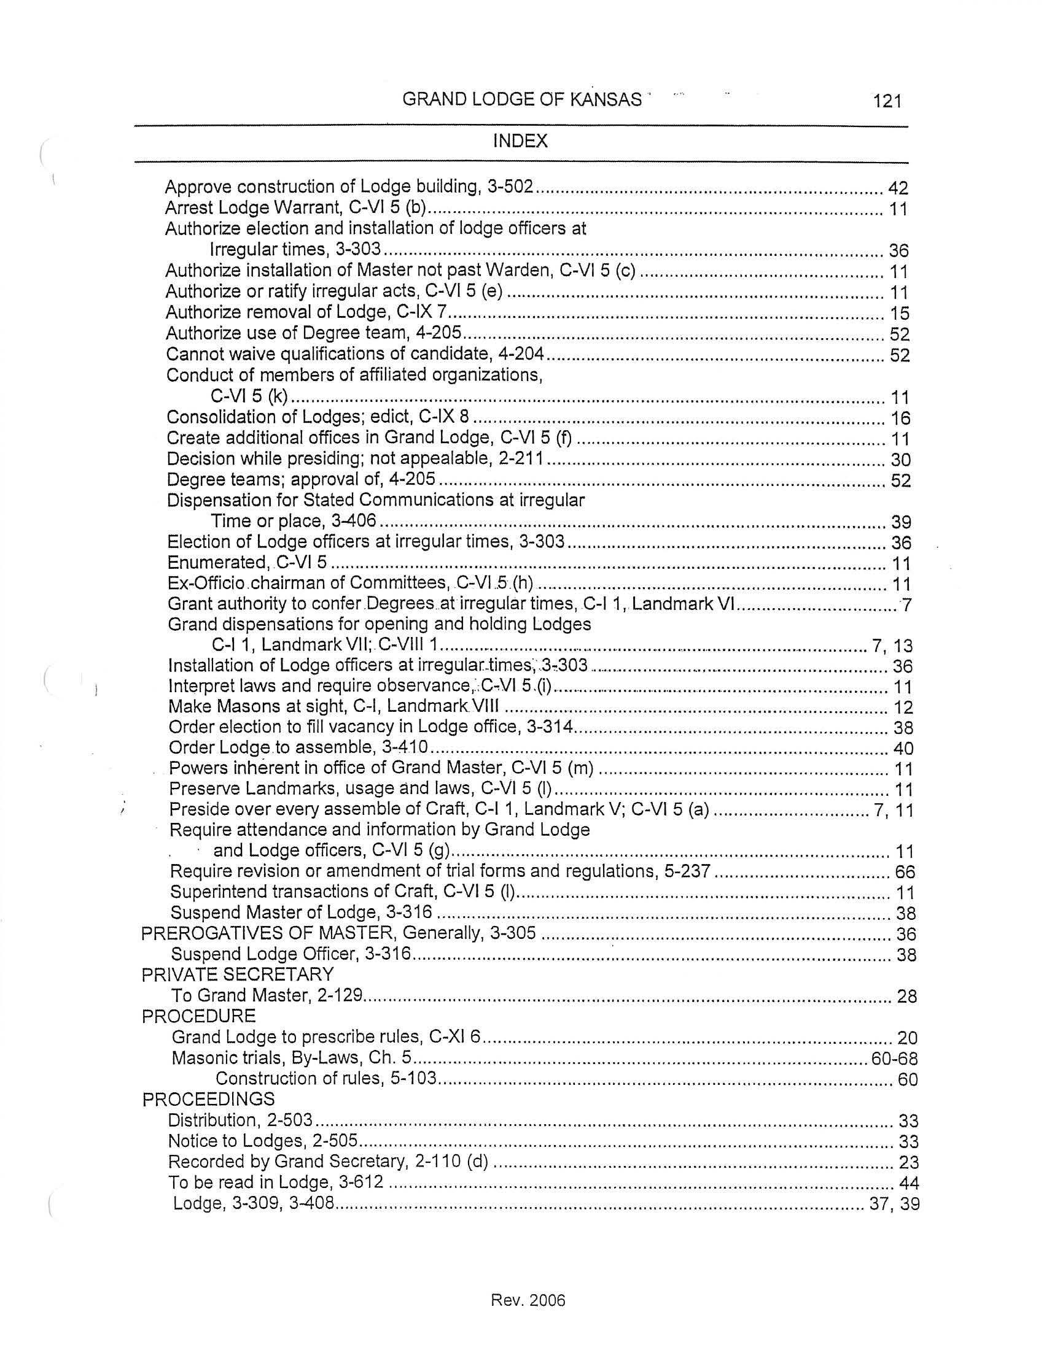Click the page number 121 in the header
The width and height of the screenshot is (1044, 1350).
pyautogui.click(x=887, y=101)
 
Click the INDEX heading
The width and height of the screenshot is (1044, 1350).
pyautogui.click(x=520, y=142)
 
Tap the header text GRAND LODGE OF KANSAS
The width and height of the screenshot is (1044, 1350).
pyautogui.click(x=522, y=99)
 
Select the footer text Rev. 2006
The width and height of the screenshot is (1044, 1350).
pyautogui.click(x=528, y=1300)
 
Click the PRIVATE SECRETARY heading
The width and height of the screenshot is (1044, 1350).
pyautogui.click(x=238, y=975)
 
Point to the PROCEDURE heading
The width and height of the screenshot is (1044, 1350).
pyautogui.click(x=198, y=1016)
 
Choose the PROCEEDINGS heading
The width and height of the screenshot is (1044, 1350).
pyautogui.click(x=208, y=1099)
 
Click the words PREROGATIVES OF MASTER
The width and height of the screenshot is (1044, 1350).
pyautogui.click(x=246, y=933)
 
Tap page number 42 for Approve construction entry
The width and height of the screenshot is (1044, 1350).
pyautogui.click(x=897, y=188)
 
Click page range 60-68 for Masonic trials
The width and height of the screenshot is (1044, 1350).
pyautogui.click(x=894, y=1059)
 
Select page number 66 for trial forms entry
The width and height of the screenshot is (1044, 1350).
pyautogui.click(x=905, y=872)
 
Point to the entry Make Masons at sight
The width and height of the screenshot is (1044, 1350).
pyautogui.click(x=334, y=706)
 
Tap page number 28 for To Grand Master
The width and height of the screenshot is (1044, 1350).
pyautogui.click(x=906, y=997)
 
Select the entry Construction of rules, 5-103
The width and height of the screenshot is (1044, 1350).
pyautogui.click(x=326, y=1079)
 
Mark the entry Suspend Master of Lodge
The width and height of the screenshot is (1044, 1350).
pyautogui.click(x=301, y=913)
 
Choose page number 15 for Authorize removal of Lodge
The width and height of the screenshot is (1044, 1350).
pyautogui.click(x=900, y=314)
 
